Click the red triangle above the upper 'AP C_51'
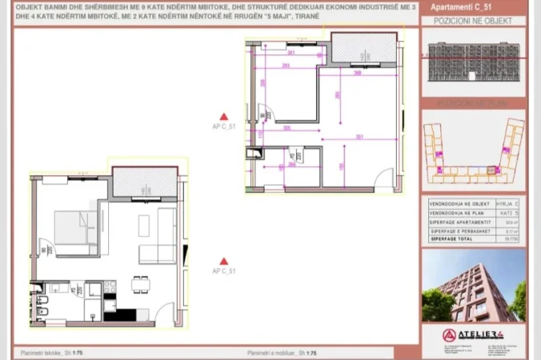coord(225,116)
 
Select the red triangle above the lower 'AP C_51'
coord(225,261)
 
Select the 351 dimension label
coord(361,137)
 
